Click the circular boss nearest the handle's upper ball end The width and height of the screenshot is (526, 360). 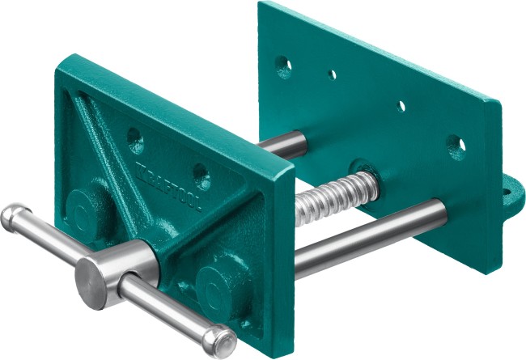click(x=81, y=203)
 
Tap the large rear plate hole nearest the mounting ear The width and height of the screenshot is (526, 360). click(x=457, y=146)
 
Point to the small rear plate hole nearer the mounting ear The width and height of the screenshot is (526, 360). click(x=401, y=106)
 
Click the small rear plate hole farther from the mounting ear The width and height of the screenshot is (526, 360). click(x=333, y=74)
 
